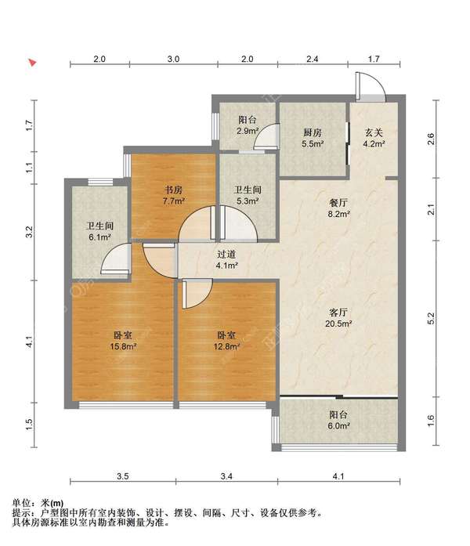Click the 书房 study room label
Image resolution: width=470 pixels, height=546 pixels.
(173, 190)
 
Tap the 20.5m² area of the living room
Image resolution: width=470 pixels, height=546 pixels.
(338, 324)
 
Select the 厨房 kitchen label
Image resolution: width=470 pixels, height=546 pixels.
(313, 132)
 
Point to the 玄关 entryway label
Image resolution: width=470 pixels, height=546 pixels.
(374, 132)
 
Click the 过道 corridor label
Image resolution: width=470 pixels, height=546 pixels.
(226, 254)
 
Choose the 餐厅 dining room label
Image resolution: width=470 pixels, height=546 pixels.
(338, 203)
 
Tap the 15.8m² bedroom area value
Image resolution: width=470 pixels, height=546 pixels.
(123, 346)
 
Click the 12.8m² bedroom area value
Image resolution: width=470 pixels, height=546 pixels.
(226, 346)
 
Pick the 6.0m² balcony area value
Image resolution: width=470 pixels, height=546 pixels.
(338, 425)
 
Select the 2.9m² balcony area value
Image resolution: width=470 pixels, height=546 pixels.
(248, 132)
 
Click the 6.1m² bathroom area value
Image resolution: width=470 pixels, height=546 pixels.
(100, 237)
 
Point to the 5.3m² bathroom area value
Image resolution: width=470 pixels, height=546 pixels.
(248, 201)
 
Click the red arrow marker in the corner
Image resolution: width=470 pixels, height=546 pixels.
(32, 63)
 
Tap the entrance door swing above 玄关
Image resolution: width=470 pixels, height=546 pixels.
(371, 85)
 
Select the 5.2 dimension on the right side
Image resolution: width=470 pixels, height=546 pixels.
(431, 319)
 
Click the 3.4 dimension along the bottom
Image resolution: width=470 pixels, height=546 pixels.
(226, 476)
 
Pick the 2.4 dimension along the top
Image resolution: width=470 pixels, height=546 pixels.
(313, 59)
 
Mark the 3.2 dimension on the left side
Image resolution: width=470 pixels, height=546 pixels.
(30, 232)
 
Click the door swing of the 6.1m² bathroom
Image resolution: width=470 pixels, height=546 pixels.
(116, 259)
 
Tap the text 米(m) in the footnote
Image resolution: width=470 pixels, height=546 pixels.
(52, 503)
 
